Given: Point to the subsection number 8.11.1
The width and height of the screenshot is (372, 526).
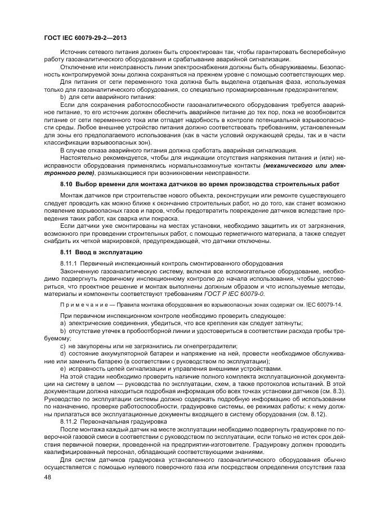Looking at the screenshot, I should (69, 263).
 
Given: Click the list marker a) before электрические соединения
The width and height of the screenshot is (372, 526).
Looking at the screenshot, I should (63, 323).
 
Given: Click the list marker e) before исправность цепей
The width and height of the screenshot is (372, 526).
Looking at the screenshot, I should (63, 367).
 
